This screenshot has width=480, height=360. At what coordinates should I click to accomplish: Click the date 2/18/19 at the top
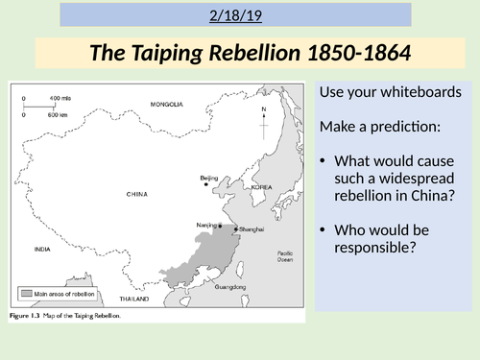pyautogui.click(x=240, y=15)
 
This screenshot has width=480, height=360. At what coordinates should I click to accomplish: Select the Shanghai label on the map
pyautogui.click(x=248, y=229)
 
